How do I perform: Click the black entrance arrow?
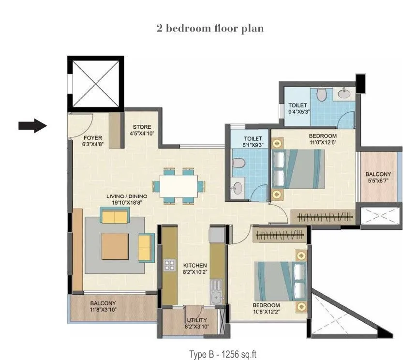click(x=32, y=126)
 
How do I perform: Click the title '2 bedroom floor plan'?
click(x=210, y=29)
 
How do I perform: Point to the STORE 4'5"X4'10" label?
click(x=143, y=131)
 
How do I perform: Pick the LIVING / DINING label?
click(x=127, y=199)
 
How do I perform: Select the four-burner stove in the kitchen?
click(x=170, y=265)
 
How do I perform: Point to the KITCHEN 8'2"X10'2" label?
click(x=195, y=269)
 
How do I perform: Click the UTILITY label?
click(x=197, y=323)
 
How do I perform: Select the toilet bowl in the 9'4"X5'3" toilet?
click(x=321, y=95)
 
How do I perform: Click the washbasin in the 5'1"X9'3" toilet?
click(x=237, y=189)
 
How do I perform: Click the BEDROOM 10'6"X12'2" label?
click(x=267, y=308)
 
